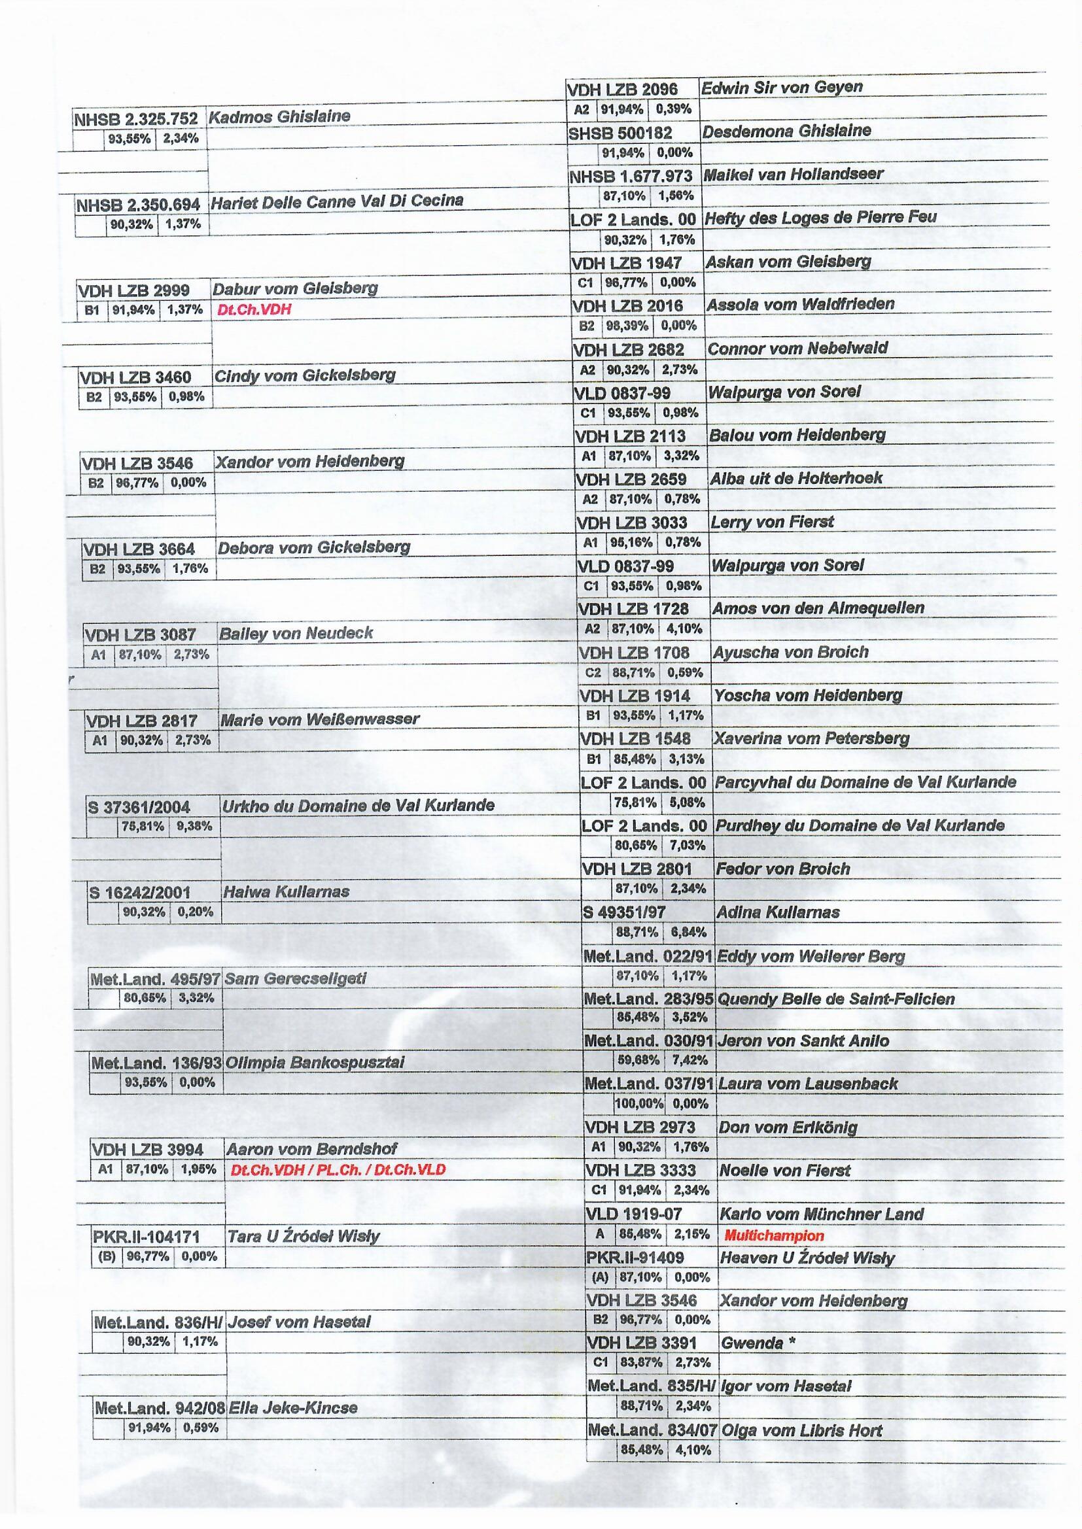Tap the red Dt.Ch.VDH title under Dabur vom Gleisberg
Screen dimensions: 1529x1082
[254, 310]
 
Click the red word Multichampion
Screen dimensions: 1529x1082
[773, 1236]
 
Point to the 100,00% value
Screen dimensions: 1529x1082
[638, 1103]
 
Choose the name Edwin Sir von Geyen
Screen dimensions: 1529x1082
[781, 87]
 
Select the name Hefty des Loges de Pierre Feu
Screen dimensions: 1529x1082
[820, 217]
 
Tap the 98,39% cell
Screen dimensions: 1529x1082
[627, 326]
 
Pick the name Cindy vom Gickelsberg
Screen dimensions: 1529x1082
[304, 375]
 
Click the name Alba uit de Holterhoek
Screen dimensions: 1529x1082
[795, 478]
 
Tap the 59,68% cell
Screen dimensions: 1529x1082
[638, 1059]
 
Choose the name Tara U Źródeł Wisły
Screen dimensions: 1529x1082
[303, 1237]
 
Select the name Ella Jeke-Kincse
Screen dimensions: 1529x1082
[292, 1408]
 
